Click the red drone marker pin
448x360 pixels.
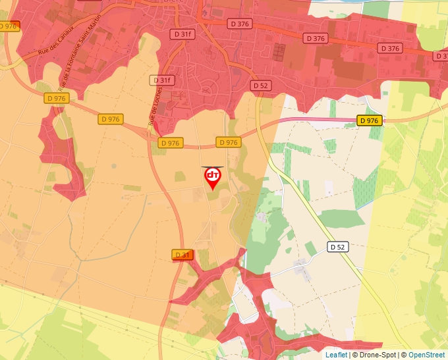pos(212,177)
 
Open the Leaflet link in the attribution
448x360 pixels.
pos(336,355)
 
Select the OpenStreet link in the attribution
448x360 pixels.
pos(427,355)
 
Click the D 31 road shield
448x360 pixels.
pos(182,255)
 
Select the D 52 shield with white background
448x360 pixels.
pos(337,247)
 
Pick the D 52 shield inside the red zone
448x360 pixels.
pos(260,86)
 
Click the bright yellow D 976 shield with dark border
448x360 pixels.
pos(370,120)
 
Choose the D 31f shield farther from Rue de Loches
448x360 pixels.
pos(182,34)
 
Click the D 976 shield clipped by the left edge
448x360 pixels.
pos(9,26)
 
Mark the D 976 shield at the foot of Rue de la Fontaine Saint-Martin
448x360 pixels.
pos(57,97)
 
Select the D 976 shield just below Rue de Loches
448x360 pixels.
pos(169,143)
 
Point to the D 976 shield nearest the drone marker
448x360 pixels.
pos(227,142)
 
